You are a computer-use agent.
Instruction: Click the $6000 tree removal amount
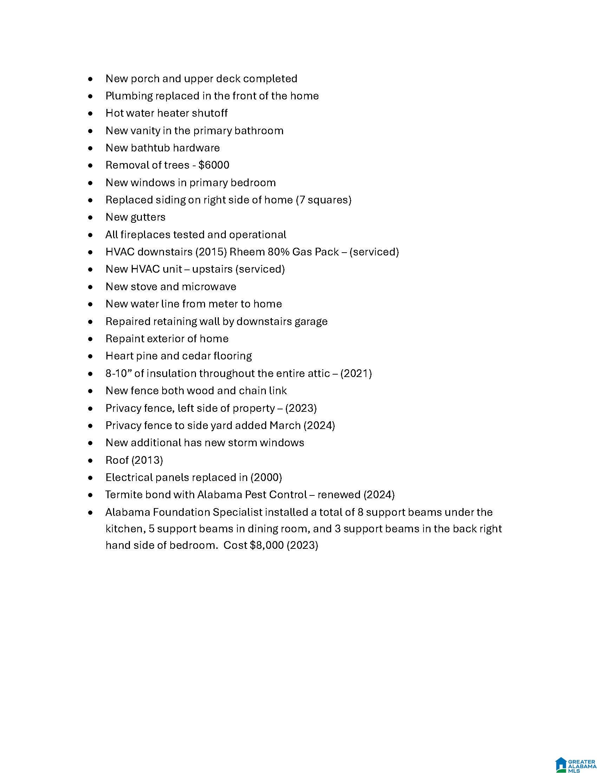click(214, 165)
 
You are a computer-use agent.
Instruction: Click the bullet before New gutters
click(91, 217)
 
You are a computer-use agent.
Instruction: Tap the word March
click(285, 426)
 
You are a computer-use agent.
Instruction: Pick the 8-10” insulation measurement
click(116, 373)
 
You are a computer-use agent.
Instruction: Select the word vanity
click(145, 131)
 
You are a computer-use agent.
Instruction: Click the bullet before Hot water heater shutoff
click(91, 113)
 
